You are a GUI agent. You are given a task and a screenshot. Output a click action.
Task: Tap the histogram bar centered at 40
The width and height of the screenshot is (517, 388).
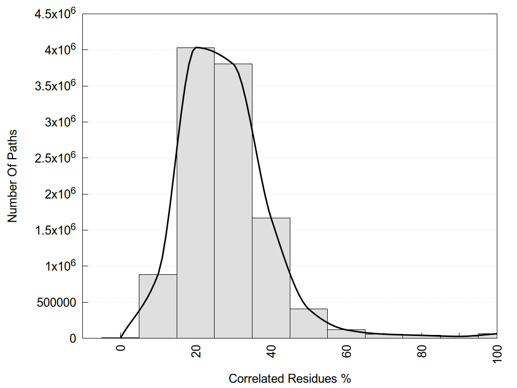tap(271, 278)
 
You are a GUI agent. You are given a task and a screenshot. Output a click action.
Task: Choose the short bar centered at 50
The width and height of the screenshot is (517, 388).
tap(308, 323)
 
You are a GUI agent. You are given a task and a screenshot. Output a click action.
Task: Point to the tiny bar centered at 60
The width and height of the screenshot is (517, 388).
tap(346, 334)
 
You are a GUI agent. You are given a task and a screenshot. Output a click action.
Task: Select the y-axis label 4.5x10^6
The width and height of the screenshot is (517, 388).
tap(55, 13)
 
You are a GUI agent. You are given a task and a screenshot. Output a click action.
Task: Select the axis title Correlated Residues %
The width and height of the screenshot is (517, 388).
tap(290, 378)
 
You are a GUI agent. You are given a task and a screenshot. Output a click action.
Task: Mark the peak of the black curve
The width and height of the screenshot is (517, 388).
tap(196, 47)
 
